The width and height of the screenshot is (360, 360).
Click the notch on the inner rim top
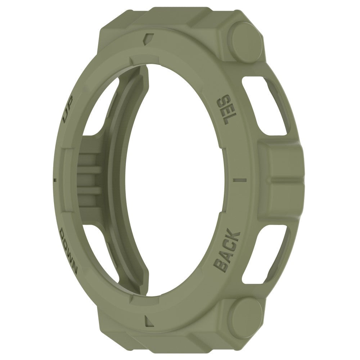coord(132,58)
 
